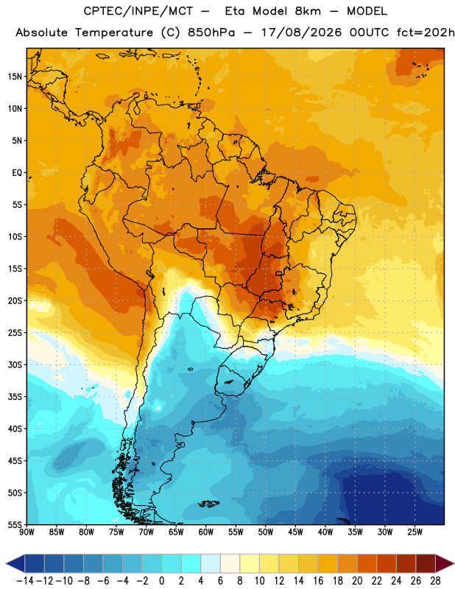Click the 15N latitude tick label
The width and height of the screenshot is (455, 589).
tap(15, 77)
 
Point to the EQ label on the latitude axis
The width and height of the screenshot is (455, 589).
tap(17, 173)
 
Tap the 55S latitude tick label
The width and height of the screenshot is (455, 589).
tap(15, 524)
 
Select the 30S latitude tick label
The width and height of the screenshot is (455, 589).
tap(15, 364)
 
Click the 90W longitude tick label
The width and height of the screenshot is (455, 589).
tap(27, 532)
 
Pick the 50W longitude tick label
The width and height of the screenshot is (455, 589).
tap(266, 532)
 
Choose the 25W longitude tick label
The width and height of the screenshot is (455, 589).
tap(415, 532)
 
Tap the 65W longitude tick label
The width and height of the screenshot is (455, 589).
tap(176, 532)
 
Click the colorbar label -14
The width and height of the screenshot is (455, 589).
tap(25, 581)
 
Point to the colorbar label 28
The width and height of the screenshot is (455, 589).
tap(435, 581)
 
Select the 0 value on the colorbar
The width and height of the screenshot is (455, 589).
tap(161, 581)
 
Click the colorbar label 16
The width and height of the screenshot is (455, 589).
tap(318, 581)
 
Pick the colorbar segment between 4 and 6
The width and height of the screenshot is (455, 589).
tap(211, 563)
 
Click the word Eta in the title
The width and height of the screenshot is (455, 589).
tap(234, 11)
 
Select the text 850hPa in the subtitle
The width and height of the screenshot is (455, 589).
tap(211, 32)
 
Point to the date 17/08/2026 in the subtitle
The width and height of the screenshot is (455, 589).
tap(302, 32)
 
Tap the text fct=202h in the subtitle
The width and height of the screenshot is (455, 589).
tap(426, 32)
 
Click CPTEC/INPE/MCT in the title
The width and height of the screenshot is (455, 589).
tap(138, 11)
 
